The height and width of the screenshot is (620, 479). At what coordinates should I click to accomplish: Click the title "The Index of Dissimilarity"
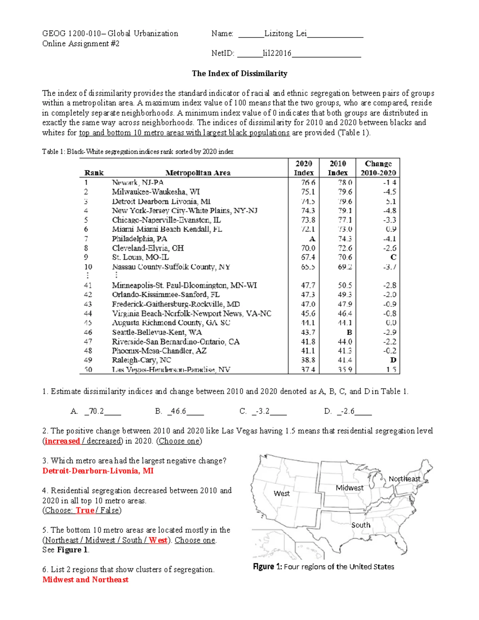tap(239, 73)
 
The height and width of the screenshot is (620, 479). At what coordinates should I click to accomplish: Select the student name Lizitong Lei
tap(285, 34)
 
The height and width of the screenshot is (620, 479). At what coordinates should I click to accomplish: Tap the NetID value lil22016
tap(277, 53)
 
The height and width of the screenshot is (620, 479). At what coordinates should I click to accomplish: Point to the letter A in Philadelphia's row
tap(312, 239)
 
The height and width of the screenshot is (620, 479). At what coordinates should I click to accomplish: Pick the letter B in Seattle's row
tap(349, 332)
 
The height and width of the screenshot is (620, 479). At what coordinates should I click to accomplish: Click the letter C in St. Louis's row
tap(393, 258)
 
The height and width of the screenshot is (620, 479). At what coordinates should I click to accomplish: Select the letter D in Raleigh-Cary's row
tap(393, 360)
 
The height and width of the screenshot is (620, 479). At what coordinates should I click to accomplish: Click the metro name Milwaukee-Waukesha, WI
tap(156, 192)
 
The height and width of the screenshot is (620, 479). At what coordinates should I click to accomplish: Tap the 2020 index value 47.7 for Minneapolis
tap(308, 285)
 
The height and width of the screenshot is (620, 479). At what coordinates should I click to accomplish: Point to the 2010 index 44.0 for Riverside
tap(345, 342)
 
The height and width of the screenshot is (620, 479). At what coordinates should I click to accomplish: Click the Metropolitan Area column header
tap(198, 173)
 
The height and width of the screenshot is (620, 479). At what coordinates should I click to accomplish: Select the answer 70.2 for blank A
tap(96, 411)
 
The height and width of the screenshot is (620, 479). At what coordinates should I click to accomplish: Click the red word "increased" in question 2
tap(62, 441)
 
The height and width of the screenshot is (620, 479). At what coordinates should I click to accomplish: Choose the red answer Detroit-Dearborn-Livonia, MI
tap(98, 471)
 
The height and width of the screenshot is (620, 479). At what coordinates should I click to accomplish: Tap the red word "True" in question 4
tap(85, 511)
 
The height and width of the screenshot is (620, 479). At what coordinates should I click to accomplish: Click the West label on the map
tap(281, 493)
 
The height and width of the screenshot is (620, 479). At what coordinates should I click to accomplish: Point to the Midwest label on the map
tap(349, 488)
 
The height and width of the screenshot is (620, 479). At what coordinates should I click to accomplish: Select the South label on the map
tap(360, 525)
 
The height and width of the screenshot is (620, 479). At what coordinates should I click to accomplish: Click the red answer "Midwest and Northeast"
tap(85, 580)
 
